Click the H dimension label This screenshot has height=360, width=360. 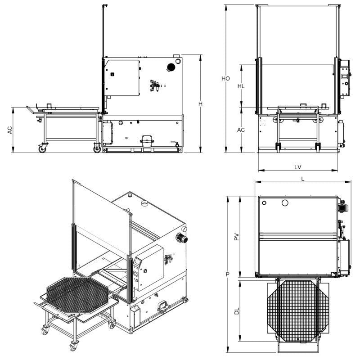tap(201, 104)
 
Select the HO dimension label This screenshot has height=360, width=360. tap(226, 78)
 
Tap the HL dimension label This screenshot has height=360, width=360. tap(241, 86)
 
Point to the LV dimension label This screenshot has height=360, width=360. tap(297, 167)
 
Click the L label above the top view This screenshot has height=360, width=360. tap(303, 179)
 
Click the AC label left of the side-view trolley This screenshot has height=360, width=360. tap(10, 130)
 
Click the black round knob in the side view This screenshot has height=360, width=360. tap(171, 67)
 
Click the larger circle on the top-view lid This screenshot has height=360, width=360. tap(285, 203)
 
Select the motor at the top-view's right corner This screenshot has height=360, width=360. tap(343, 207)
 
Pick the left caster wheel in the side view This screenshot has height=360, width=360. tap(42, 148)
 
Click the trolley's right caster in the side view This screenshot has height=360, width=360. tap(97, 148)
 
